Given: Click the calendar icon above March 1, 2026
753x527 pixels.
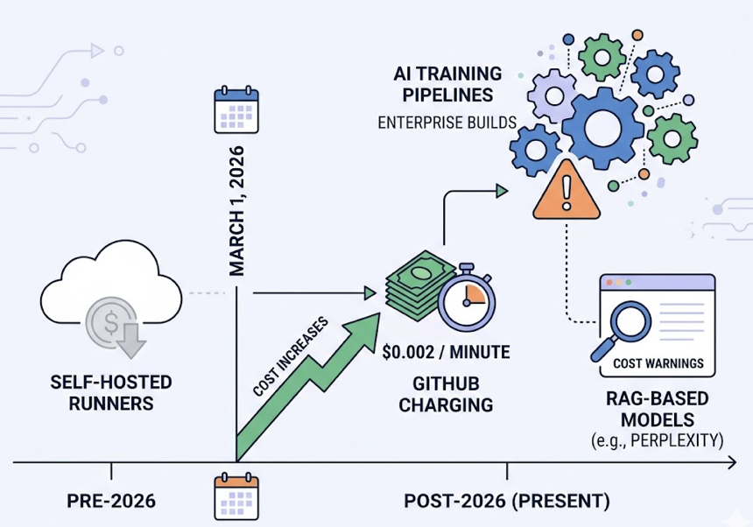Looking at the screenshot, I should click(237, 109).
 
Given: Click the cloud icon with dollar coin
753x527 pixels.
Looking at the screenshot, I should click(110, 302).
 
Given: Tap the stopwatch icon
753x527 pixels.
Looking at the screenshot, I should click(466, 296).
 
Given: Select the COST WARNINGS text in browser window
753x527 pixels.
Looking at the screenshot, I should click(658, 363).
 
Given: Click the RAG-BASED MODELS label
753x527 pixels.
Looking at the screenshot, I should click(658, 409).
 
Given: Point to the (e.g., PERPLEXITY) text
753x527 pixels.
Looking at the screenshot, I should click(658, 439).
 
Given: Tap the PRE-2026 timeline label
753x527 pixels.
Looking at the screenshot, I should click(111, 502).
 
